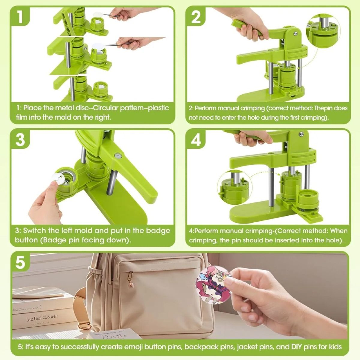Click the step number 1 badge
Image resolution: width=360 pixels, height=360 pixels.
20,16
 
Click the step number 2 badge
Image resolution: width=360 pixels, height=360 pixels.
196,16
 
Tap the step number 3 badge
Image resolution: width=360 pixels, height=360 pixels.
20,139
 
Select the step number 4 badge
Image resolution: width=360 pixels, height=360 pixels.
196,139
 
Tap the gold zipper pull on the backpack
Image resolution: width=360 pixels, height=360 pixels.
131,279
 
